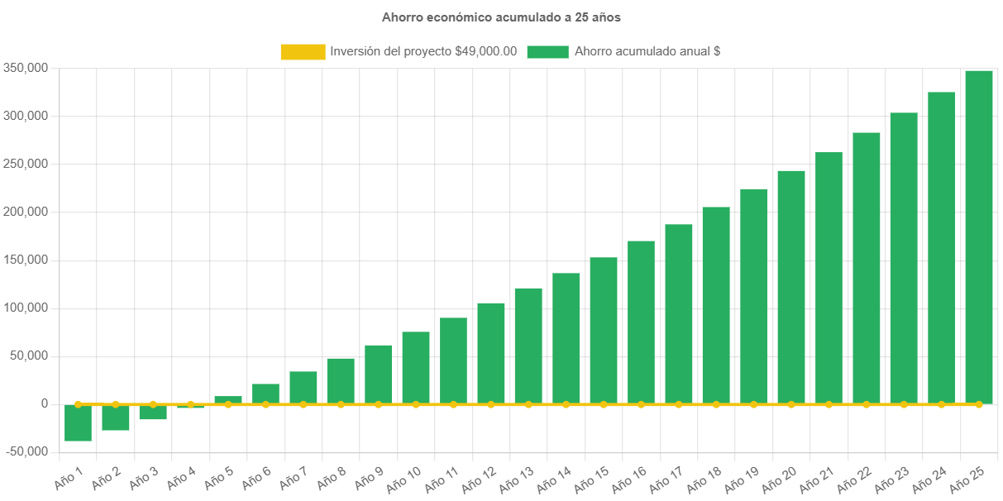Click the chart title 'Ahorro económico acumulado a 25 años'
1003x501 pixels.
501,17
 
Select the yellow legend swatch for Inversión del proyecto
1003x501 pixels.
303,51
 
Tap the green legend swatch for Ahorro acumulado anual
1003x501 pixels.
547,51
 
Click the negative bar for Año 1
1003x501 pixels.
78,423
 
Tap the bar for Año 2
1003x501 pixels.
116,418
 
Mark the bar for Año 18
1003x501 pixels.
716,305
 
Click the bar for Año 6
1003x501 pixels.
265,394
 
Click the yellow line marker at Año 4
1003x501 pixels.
190,404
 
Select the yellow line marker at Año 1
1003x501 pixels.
78,404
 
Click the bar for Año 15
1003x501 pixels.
604,331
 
